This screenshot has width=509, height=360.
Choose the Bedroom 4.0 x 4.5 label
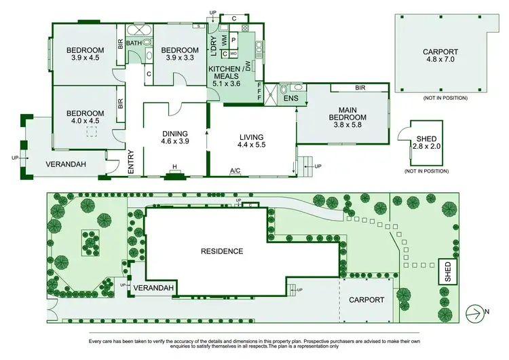pos(85,117)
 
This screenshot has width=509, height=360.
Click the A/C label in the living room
pos(235,170)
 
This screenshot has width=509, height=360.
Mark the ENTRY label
pos(132,162)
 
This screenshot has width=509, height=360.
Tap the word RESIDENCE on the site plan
pos(222,251)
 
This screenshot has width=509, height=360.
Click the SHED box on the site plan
pos(447,271)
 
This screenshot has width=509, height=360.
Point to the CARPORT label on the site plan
pos(366,300)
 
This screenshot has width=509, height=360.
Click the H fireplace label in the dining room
pos(174,168)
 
